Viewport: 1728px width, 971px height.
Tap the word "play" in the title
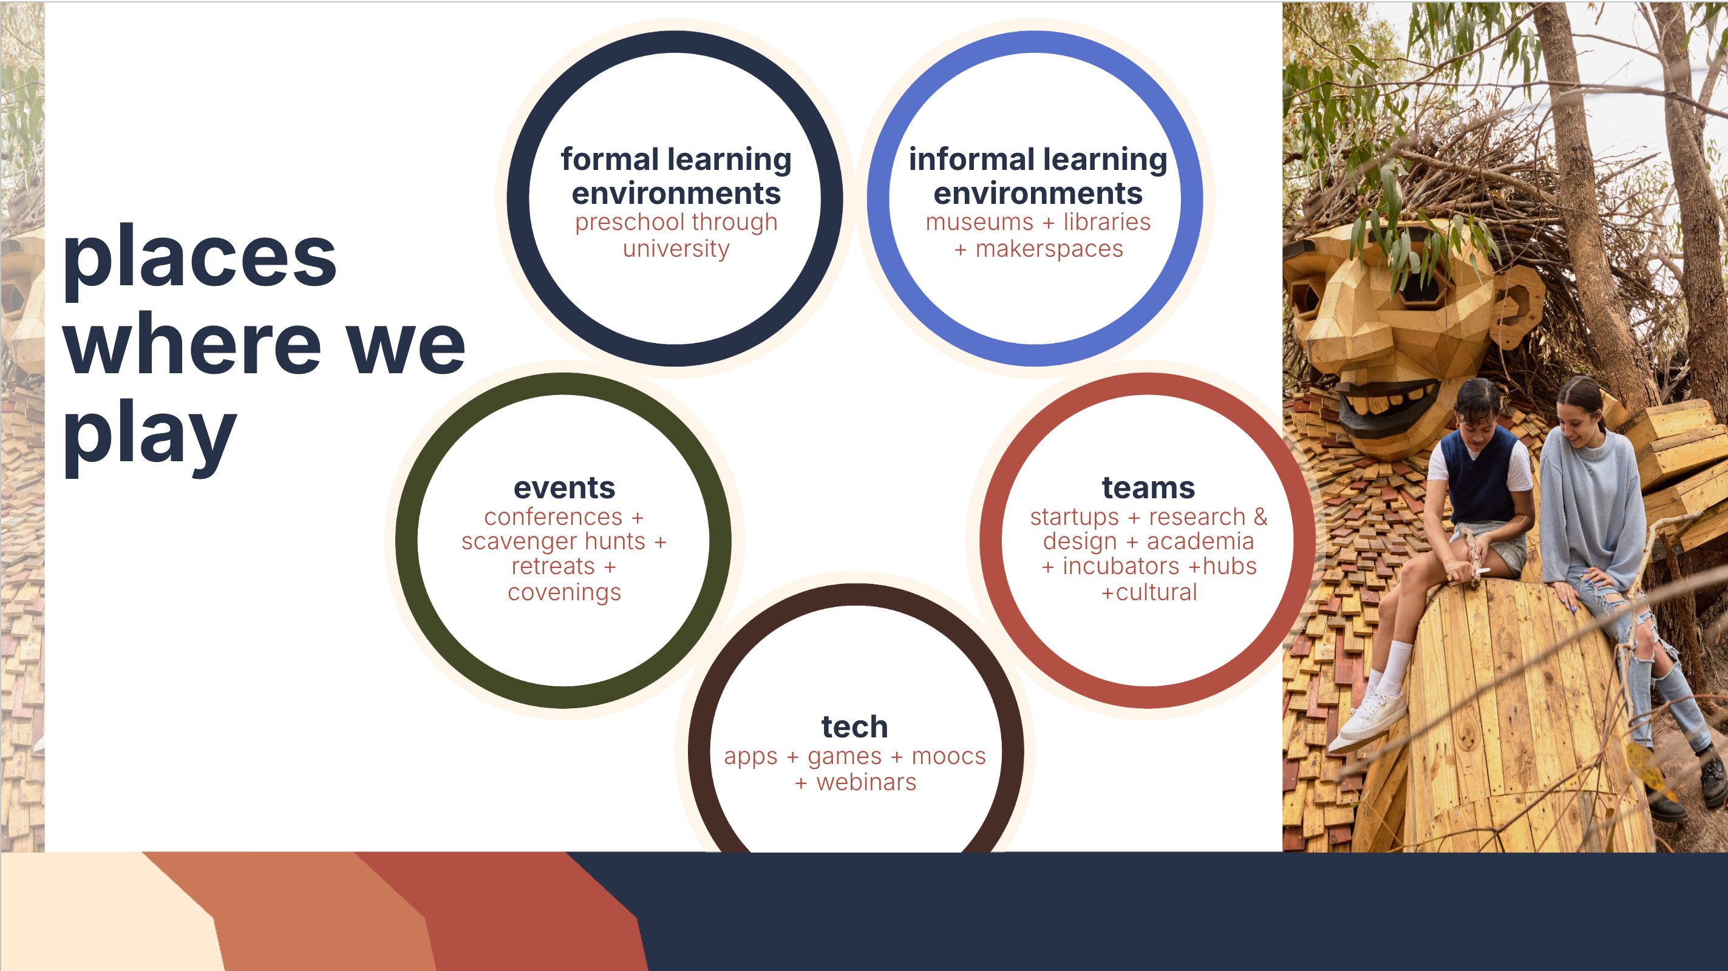tap(149, 436)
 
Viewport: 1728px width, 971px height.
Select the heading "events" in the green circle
tap(564, 488)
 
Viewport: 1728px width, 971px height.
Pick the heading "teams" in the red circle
tap(1148, 488)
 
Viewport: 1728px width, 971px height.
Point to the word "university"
tap(676, 249)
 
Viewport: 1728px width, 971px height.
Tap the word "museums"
tap(979, 222)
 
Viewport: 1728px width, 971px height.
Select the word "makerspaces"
tap(1049, 249)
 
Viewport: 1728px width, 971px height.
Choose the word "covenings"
tap(564, 593)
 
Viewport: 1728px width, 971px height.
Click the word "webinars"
tap(866, 783)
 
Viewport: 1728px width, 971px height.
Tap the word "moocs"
tap(948, 756)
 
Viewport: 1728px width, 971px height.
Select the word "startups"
tap(1075, 518)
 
